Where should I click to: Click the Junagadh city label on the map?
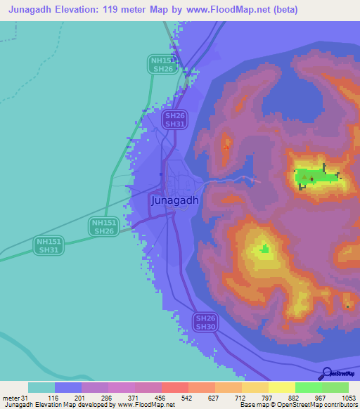pos(175,200)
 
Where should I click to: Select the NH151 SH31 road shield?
pos(49,245)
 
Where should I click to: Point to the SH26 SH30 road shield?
pos(206,322)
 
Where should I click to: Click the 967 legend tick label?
pos(321,398)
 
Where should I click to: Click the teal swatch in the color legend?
pos(41,387)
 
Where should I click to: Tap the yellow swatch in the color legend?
pos(281,387)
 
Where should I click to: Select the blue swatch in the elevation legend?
pos(68,387)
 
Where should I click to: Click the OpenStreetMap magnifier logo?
pos(328,373)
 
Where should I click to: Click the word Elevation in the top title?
pos(77,10)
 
